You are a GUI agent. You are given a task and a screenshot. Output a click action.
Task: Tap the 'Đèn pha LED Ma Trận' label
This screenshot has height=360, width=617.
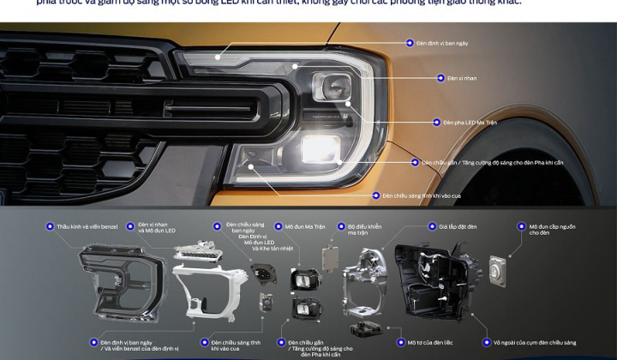[470, 123]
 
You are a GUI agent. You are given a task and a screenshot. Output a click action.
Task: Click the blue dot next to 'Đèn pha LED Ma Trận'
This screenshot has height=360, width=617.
[434, 123]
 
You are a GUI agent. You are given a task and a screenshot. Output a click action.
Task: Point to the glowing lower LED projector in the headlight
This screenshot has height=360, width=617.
[320, 148]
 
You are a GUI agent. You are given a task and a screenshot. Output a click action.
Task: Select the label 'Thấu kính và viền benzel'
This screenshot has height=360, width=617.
[87, 227]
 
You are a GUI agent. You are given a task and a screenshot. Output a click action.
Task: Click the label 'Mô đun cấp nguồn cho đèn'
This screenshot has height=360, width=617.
[545, 231]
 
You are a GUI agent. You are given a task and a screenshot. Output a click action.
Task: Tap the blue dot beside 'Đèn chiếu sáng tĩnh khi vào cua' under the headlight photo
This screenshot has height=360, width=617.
[375, 195]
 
